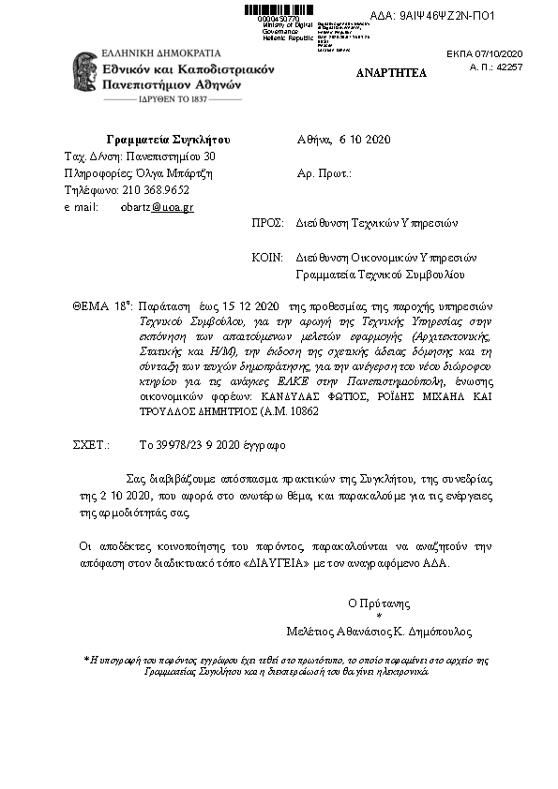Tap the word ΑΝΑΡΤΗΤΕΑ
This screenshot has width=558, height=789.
point(392,72)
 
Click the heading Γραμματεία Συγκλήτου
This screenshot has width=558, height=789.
point(168,141)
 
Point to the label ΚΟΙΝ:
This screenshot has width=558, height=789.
point(268,257)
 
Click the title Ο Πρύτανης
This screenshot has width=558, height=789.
point(379,603)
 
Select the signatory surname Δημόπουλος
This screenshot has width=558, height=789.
point(439,631)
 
